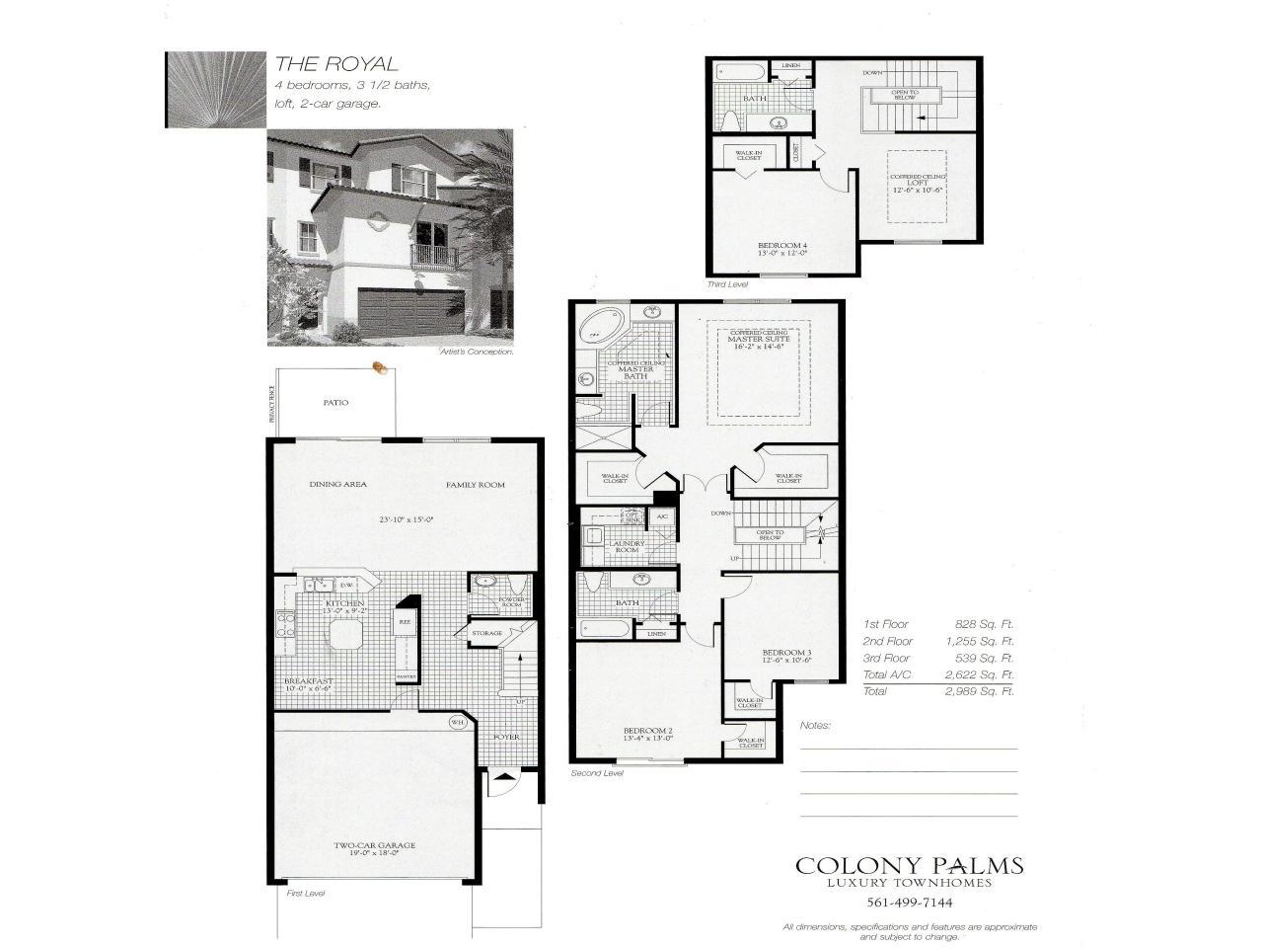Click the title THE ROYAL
(x=335, y=64)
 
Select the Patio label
(x=335, y=402)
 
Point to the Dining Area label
(x=337, y=484)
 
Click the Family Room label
(x=475, y=484)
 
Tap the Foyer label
(x=506, y=737)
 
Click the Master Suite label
(x=759, y=340)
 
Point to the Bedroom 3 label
(x=786, y=653)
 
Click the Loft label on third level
(x=920, y=183)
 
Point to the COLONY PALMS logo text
(x=909, y=866)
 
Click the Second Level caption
(x=597, y=773)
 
